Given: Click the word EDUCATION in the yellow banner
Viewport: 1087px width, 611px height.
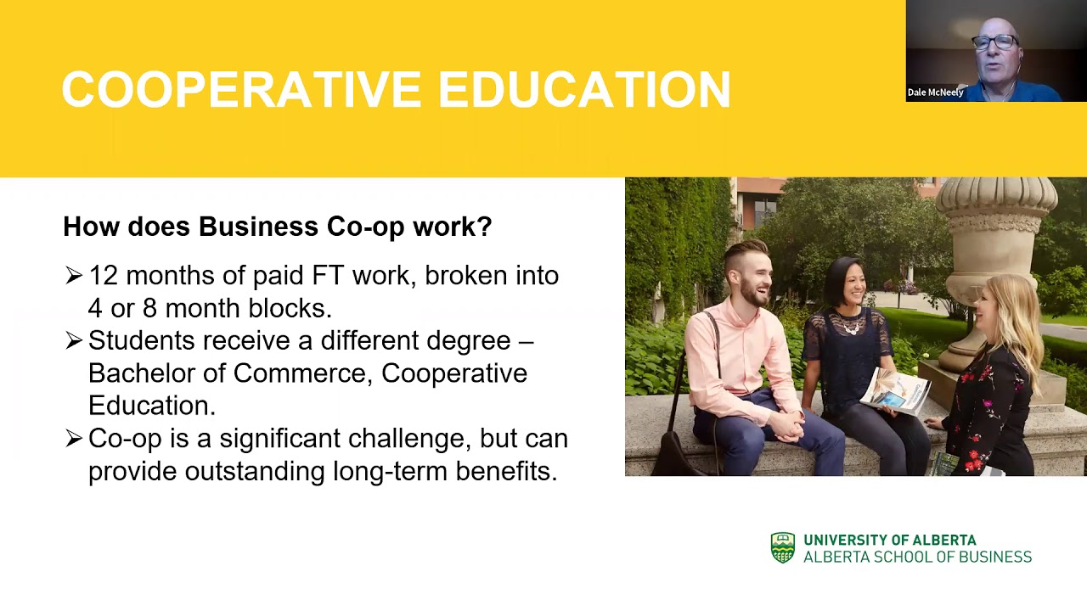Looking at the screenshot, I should [583, 90].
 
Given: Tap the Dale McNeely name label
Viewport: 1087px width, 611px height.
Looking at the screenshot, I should [935, 92].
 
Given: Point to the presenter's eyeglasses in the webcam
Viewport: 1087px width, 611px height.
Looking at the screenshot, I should [995, 42].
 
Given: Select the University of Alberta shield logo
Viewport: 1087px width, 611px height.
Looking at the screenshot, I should [782, 548].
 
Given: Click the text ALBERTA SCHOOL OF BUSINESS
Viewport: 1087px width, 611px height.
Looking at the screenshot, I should [917, 558].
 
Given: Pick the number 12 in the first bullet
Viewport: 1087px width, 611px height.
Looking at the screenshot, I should [102, 276].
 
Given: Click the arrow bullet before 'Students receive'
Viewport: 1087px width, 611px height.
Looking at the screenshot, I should [74, 341].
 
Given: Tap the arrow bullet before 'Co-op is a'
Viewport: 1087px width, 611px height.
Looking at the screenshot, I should [74, 439].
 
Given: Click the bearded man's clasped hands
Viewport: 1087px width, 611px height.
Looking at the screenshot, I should [786, 420].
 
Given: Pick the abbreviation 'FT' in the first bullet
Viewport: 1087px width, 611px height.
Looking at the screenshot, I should [327, 276].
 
